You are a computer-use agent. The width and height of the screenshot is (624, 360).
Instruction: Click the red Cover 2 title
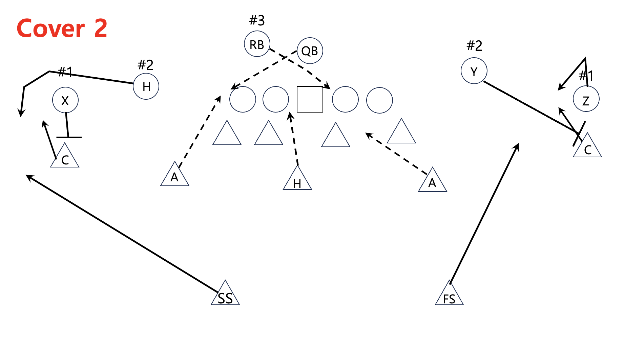[x=62, y=28]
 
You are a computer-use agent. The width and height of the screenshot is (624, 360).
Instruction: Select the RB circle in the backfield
[x=257, y=44]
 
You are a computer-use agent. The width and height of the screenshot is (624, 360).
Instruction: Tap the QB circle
[x=310, y=51]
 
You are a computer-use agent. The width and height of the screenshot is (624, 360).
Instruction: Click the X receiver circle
[x=65, y=100]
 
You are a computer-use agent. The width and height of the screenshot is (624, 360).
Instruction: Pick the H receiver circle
[x=146, y=86]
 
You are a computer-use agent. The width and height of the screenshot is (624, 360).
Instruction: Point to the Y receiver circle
[x=474, y=71]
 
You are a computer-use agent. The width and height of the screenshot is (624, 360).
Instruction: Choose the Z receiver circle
[x=586, y=99]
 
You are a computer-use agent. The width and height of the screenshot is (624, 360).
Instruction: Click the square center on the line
[x=310, y=99]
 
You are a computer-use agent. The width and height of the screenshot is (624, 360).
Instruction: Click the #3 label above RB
[x=257, y=21]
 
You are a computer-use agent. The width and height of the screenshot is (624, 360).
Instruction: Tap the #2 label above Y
[x=474, y=46]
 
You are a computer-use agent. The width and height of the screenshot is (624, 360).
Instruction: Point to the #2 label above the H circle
[x=146, y=65]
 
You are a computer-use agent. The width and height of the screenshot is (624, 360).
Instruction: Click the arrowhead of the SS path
[x=28, y=176]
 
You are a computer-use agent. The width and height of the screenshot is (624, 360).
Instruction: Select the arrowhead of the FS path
[x=518, y=145]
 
